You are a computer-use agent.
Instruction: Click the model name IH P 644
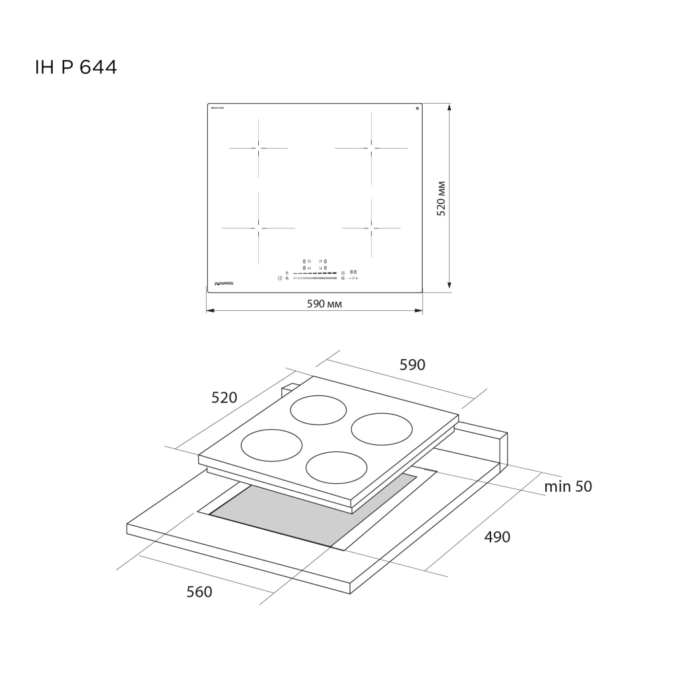(x=75, y=67)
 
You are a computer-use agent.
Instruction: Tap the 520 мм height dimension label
(x=442, y=198)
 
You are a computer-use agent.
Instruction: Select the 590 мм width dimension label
(x=325, y=304)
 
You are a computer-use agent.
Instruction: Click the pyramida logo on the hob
(x=224, y=283)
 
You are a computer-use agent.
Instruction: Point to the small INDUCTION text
(x=217, y=108)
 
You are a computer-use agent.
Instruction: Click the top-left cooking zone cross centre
(x=259, y=148)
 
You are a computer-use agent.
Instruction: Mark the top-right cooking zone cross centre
(x=371, y=146)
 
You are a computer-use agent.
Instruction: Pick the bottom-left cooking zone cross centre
(x=258, y=228)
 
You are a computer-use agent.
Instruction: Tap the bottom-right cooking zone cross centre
(x=371, y=228)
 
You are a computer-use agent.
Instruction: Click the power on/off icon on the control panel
(x=280, y=279)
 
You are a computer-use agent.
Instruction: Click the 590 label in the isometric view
(x=413, y=365)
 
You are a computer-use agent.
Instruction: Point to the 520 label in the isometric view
(x=224, y=397)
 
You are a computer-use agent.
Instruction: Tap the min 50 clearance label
(x=568, y=487)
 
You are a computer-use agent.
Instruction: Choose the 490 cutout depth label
(x=497, y=537)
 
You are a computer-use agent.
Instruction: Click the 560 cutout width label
(x=199, y=592)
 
